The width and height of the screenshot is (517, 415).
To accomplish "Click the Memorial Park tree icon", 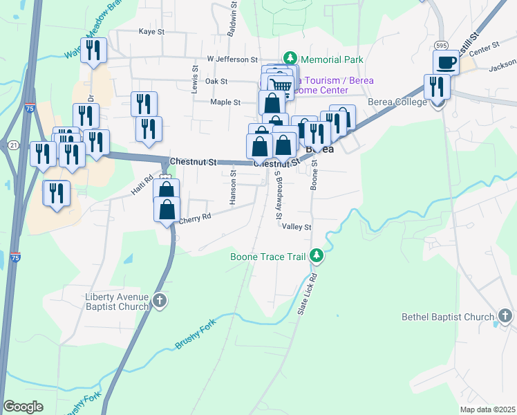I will coord(291,59).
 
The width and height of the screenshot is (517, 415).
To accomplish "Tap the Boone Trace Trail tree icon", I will coord(317,257).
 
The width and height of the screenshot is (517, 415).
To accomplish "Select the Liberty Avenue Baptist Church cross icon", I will coord(160,301).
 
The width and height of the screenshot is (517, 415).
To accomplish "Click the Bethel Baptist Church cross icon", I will coord(505,317).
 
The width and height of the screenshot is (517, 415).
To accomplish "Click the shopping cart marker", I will coord(281,86).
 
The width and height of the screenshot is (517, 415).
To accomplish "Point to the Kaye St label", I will coord(152,32).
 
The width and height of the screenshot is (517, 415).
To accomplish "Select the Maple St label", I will coord(225,102).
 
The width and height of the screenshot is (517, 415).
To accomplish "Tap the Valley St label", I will coord(297,227).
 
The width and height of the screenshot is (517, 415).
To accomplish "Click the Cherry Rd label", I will coord(194,219).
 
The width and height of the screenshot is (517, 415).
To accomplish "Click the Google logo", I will coord(23,407).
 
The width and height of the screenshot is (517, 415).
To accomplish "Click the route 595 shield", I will coord(442,45).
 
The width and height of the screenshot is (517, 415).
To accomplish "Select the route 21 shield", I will coord(14,145).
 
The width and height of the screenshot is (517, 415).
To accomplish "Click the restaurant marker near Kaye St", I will coord(93,50).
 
